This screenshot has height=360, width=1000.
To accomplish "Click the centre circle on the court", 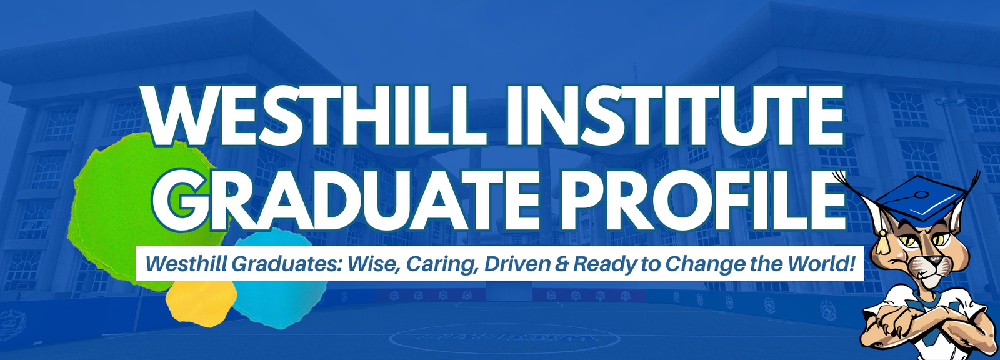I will point(500,338).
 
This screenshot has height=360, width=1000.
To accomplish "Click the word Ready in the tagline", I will point(604,264).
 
